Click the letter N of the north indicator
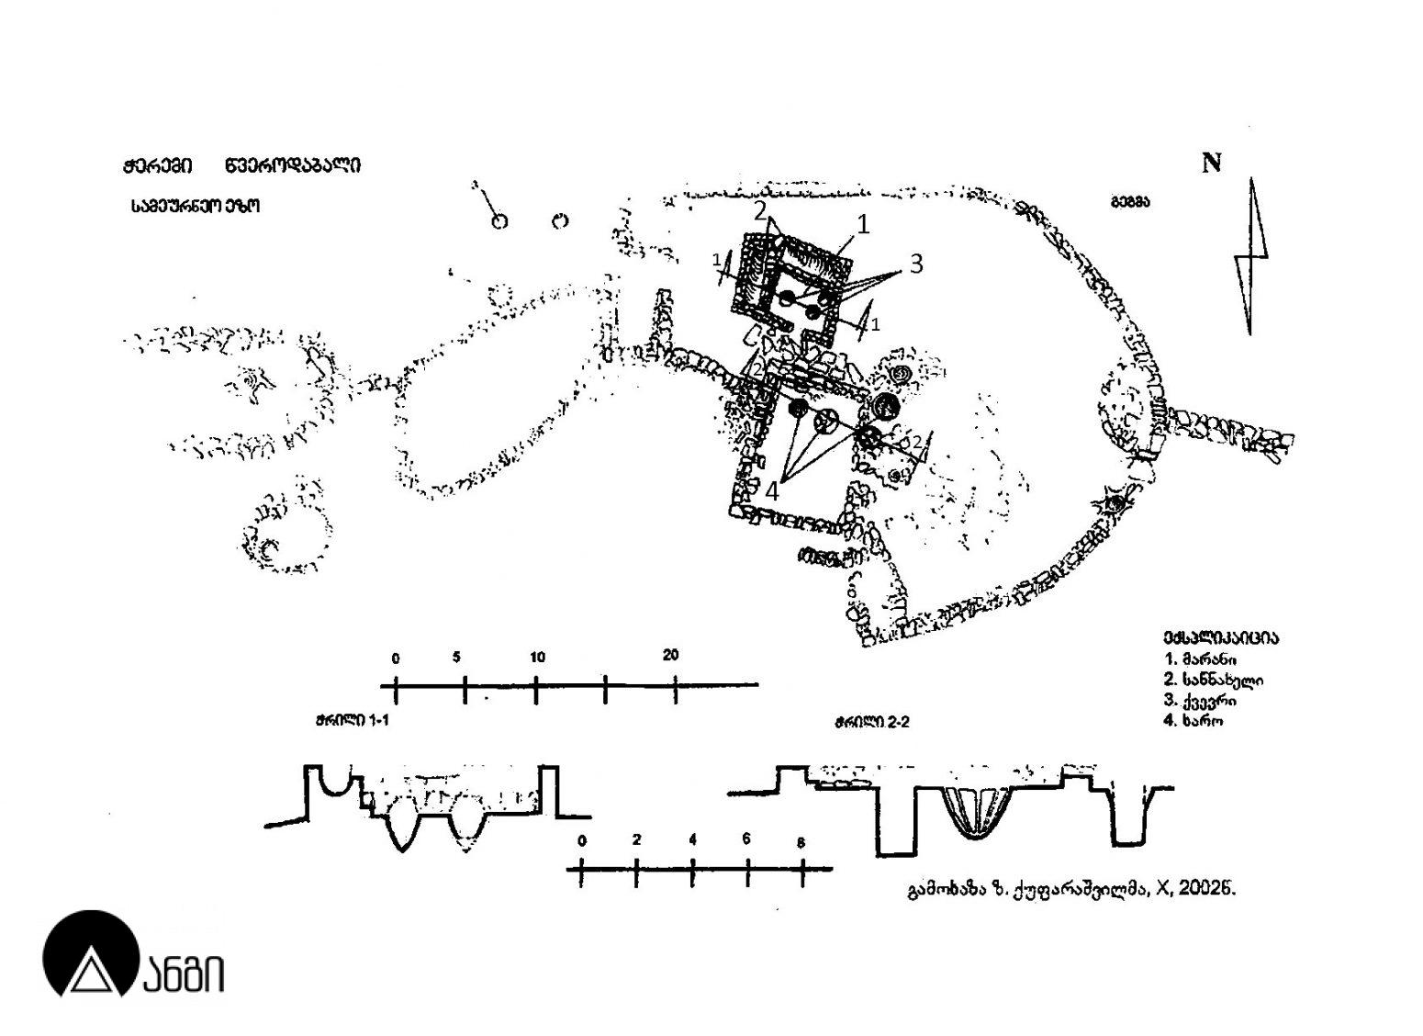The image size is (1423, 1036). [1212, 163]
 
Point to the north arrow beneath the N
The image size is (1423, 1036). [1251, 257]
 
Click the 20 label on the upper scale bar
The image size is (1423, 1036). [671, 656]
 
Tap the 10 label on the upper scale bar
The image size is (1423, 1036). [537, 657]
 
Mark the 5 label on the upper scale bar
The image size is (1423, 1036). [456, 657]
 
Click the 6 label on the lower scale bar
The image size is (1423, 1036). [746, 839]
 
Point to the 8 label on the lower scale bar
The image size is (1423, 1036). [801, 841]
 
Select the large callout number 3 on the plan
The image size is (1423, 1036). [915, 264]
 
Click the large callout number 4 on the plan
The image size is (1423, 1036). [771, 491]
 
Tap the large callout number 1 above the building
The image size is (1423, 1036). [862, 223]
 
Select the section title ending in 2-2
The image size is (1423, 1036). [871, 722]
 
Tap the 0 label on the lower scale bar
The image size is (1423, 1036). [581, 840]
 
